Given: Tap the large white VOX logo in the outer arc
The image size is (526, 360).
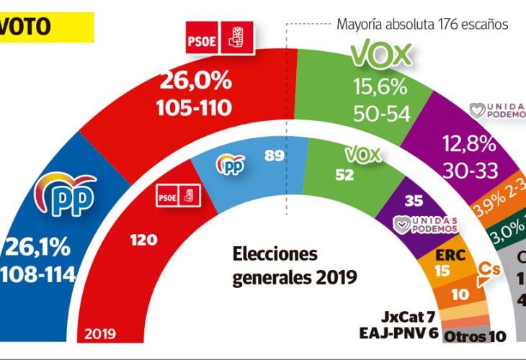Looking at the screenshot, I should (380, 55).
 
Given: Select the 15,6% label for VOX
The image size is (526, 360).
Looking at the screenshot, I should (380, 87).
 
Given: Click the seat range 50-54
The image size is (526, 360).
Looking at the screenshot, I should (380, 114).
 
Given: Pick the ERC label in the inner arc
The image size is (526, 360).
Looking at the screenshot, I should (450, 255).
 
